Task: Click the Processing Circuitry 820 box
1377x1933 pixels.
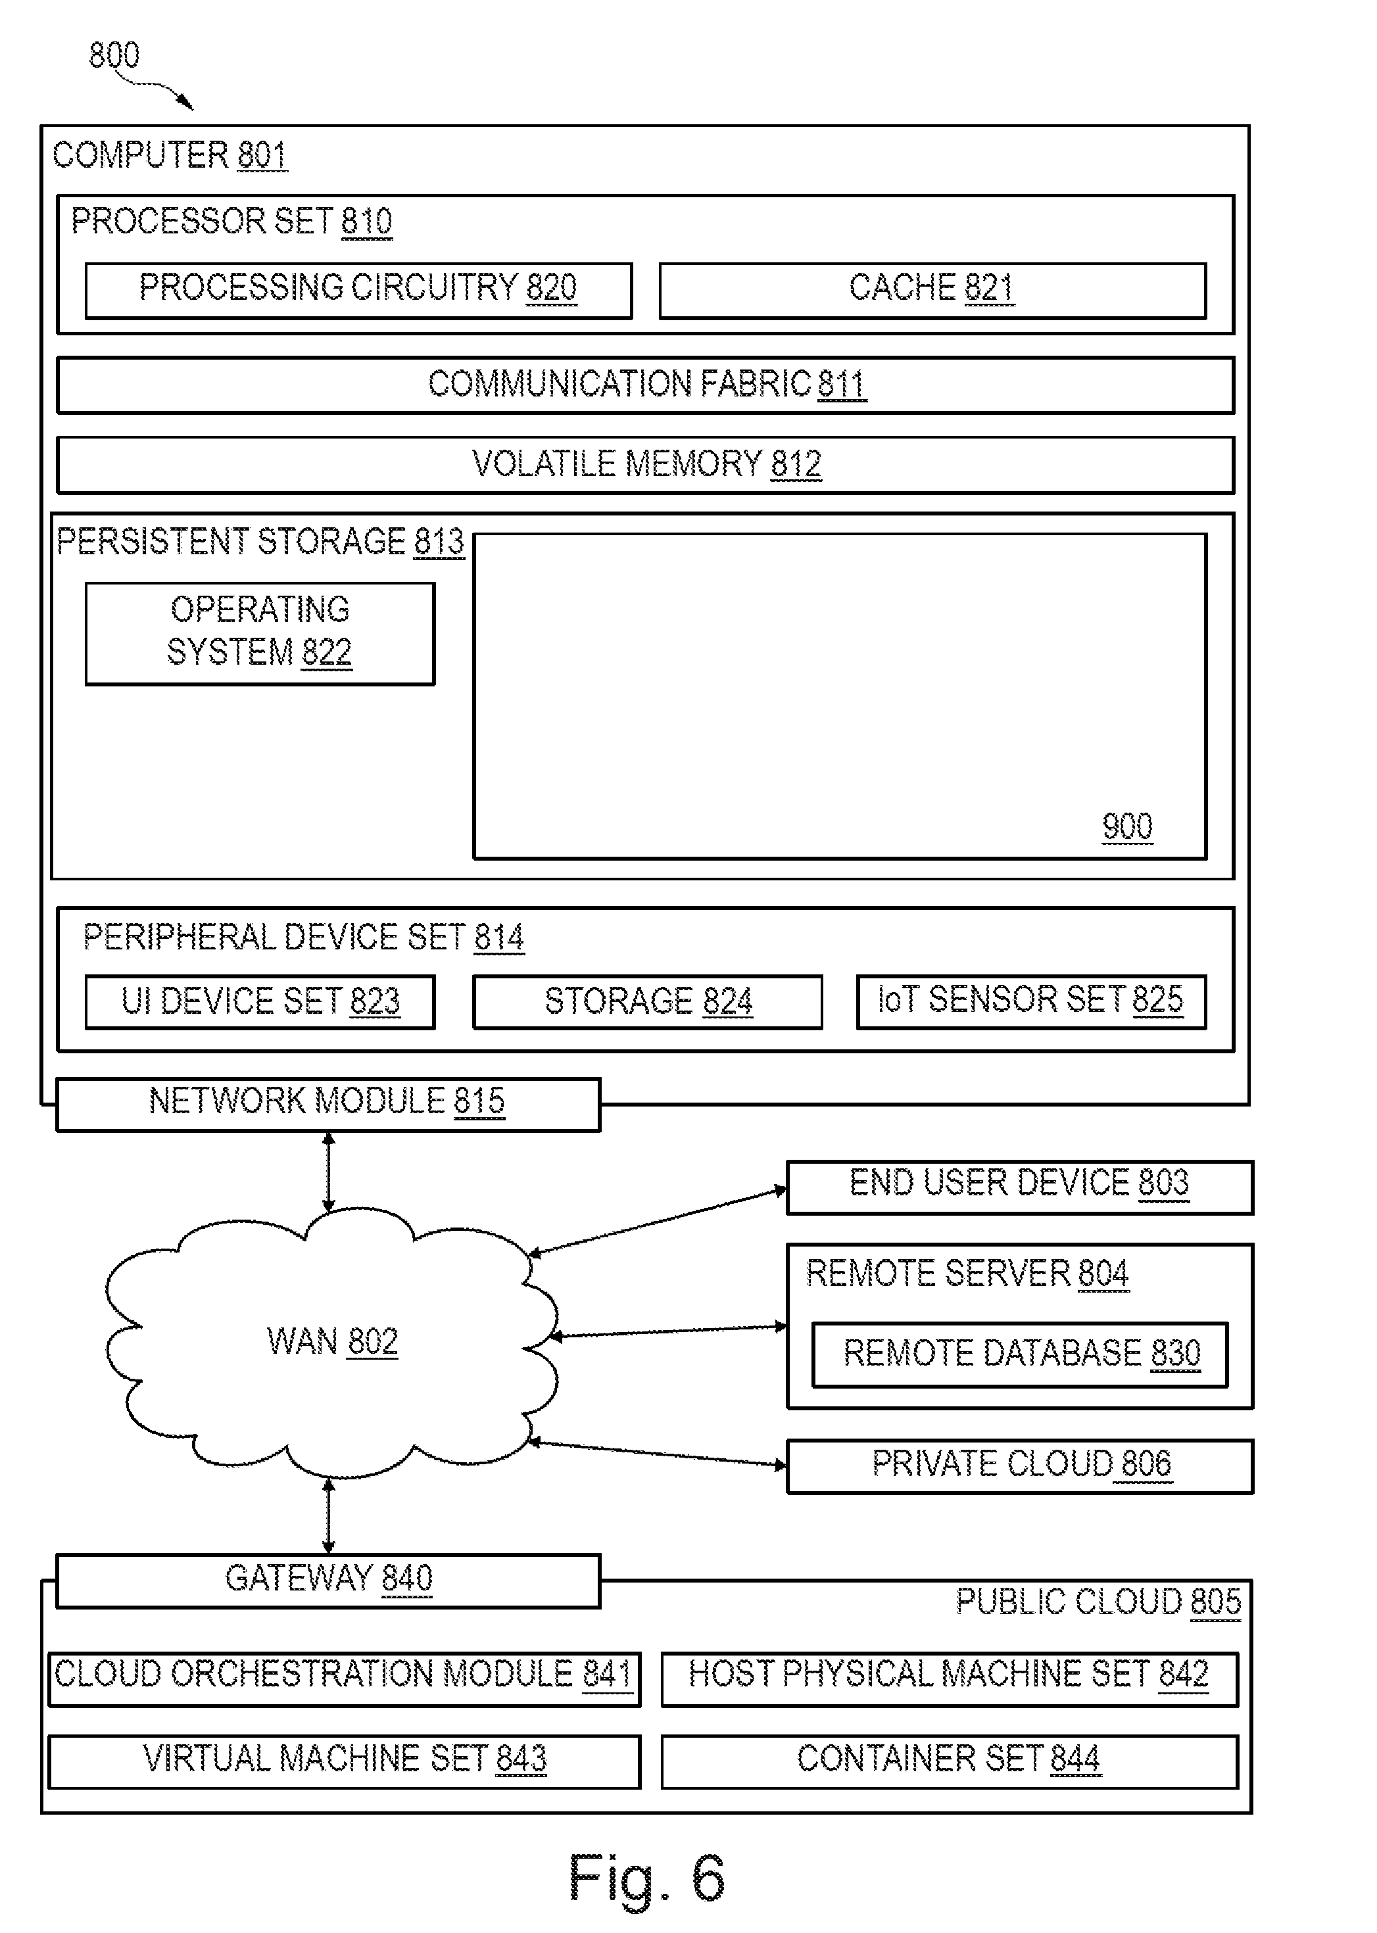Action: tap(358, 291)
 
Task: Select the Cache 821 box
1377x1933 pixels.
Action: tap(932, 291)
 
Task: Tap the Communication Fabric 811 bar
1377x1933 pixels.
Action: tap(645, 385)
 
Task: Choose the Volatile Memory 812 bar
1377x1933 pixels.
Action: tap(645, 465)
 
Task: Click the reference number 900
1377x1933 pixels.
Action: tap(1127, 826)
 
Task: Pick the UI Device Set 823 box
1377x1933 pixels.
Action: tap(260, 1002)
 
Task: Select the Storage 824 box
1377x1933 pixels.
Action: tap(648, 1002)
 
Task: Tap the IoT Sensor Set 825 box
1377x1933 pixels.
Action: tap(1031, 1002)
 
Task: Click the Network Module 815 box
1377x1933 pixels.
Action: tap(328, 1105)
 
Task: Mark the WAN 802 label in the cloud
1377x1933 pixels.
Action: tap(332, 1342)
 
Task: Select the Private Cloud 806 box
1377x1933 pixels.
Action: tap(1020, 1466)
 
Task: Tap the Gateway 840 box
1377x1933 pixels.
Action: tap(328, 1581)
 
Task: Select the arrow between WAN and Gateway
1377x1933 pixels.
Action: tap(329, 1516)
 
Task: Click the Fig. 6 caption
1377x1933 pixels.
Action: tap(646, 1878)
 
